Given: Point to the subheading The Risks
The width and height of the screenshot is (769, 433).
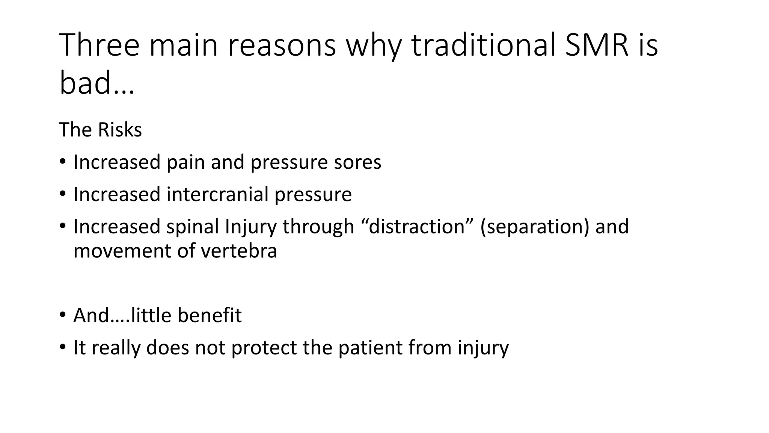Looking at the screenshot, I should pos(100,130).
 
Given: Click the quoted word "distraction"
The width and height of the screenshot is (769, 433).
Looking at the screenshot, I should pos(416,227).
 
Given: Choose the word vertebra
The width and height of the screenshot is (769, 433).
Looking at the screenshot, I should pos(239,251).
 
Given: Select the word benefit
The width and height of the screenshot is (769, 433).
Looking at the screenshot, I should pos(210,315).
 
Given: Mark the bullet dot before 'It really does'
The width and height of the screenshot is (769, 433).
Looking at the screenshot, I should pos(62,347).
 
